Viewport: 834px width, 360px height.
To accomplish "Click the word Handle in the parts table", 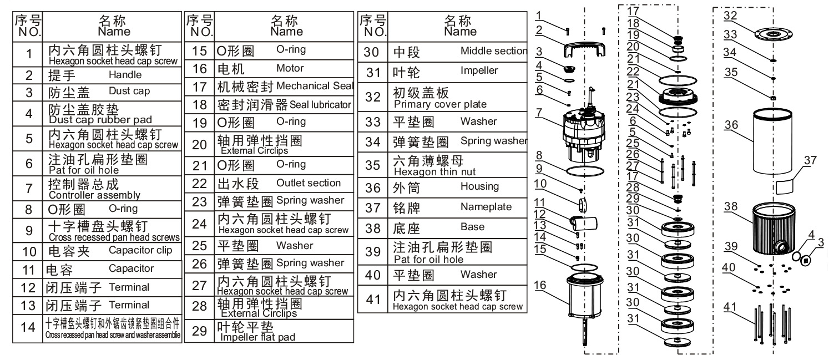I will (x=125, y=74).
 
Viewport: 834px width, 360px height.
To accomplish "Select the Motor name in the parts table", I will (x=290, y=68).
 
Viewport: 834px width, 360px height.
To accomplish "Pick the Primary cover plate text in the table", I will (x=439, y=104).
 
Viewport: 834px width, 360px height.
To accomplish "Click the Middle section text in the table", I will (x=493, y=51).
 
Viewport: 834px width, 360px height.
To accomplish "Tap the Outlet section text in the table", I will (x=308, y=182).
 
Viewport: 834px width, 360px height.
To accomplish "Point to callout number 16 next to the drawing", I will (x=540, y=285).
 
